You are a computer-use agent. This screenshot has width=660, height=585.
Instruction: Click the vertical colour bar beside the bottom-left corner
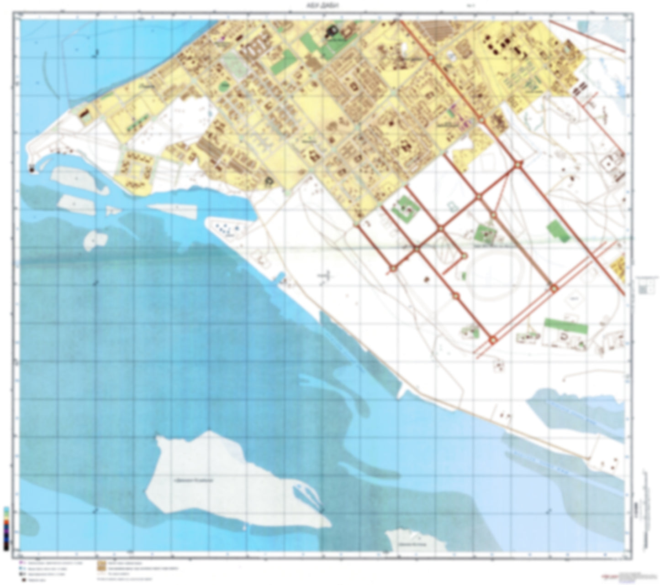click(x=6, y=527)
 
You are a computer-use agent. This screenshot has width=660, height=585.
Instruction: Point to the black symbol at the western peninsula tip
click(x=32, y=169)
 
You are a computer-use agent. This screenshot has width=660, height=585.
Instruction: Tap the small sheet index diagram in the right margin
click(x=644, y=288)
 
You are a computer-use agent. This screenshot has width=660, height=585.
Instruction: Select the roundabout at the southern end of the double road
click(x=492, y=340)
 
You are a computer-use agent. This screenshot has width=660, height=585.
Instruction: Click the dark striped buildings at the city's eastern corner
click(x=580, y=88)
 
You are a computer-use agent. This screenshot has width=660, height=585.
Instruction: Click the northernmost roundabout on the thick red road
click(x=431, y=57)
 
